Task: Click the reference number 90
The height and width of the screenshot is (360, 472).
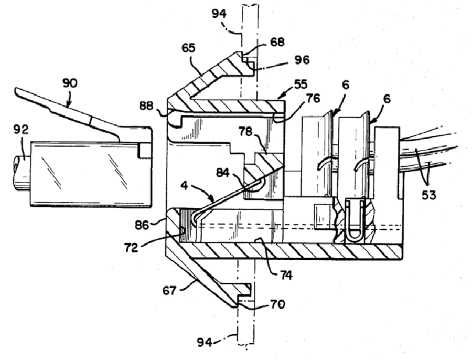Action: (x=70, y=83)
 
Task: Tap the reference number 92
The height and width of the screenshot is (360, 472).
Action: (x=21, y=130)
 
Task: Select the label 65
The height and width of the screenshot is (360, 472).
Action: (x=188, y=48)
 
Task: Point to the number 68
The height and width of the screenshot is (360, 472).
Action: (x=277, y=41)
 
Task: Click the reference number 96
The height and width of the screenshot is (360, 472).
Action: (x=302, y=60)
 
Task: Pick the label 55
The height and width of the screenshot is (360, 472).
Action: (x=301, y=84)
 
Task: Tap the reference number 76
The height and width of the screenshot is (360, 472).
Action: (x=313, y=98)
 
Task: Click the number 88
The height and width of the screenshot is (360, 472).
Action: (x=146, y=105)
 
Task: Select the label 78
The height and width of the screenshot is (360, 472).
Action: (x=246, y=131)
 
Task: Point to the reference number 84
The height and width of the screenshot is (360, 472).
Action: (x=223, y=173)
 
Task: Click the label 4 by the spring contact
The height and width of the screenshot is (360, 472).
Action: (x=184, y=186)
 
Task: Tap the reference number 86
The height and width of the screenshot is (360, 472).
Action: (x=142, y=225)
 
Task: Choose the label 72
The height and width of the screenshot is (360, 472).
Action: (x=131, y=248)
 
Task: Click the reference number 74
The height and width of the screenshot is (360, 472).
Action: (x=286, y=275)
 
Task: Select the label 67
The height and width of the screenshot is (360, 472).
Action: (x=169, y=291)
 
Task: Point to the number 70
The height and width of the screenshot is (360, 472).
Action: (x=277, y=304)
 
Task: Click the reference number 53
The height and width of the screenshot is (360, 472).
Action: (x=428, y=195)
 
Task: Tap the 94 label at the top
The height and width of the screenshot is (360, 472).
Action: (x=219, y=14)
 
